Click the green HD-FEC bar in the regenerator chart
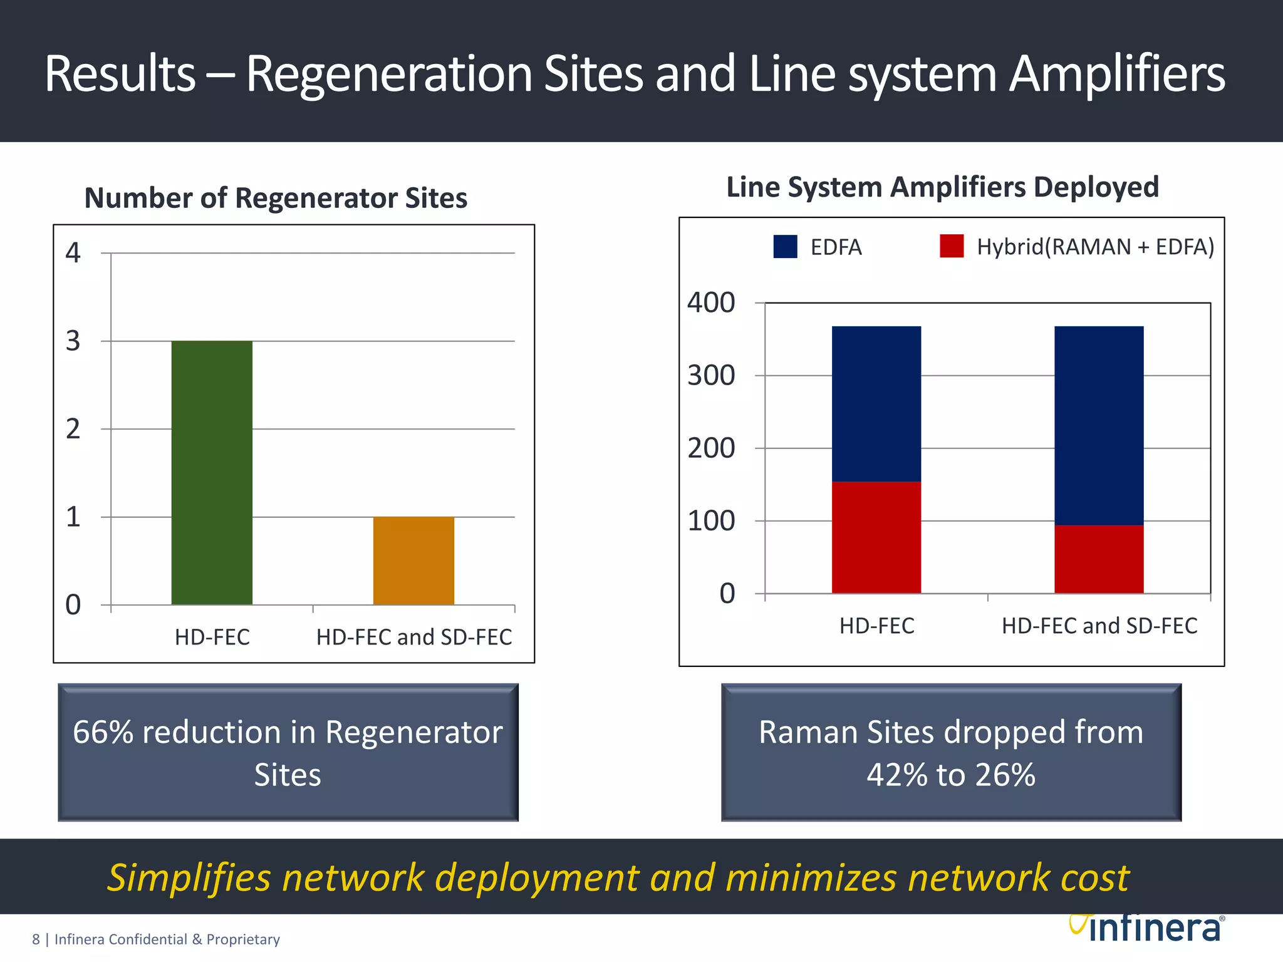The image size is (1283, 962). pyautogui.click(x=212, y=473)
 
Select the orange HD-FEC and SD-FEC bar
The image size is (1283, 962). pyautogui.click(x=413, y=561)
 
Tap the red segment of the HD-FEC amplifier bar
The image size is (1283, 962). pyautogui.click(x=876, y=537)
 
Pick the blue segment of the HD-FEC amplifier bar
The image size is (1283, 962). pyautogui.click(x=876, y=404)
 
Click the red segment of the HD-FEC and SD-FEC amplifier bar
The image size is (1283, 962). pyautogui.click(x=1099, y=559)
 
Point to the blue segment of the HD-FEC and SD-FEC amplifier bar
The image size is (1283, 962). pyautogui.click(x=1099, y=426)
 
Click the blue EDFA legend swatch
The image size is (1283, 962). pyautogui.click(x=785, y=247)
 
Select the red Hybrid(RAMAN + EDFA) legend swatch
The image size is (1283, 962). pyautogui.click(x=951, y=246)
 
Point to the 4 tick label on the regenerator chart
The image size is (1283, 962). pyautogui.click(x=73, y=253)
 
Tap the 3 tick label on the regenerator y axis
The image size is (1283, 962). pyautogui.click(x=73, y=341)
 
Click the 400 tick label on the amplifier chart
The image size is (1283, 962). pyautogui.click(x=711, y=303)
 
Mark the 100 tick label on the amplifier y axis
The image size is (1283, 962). pyautogui.click(x=711, y=521)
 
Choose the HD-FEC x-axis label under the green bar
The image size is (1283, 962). pyautogui.click(x=212, y=637)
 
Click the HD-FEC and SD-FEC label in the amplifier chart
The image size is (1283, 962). pyautogui.click(x=1099, y=626)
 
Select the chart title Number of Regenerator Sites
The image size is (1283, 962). pyautogui.click(x=276, y=198)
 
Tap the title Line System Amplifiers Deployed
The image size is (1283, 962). pyautogui.click(x=942, y=187)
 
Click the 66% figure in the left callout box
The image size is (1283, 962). pyautogui.click(x=103, y=732)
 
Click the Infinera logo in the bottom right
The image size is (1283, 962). pyautogui.click(x=1146, y=928)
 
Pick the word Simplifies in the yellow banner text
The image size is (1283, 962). pyautogui.click(x=189, y=877)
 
